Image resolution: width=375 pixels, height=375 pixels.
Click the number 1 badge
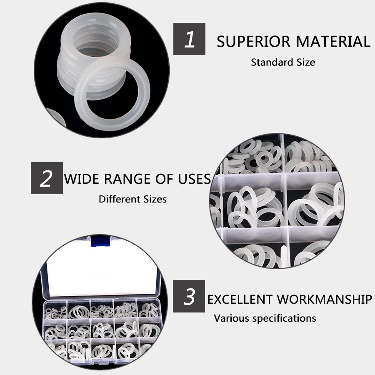coord(190,39)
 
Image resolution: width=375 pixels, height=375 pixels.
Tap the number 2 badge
coord(47,178)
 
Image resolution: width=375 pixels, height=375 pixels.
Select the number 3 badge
coord(189,296)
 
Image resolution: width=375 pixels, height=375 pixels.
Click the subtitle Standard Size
coord(283,62)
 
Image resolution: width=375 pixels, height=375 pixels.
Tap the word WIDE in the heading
coord(82,179)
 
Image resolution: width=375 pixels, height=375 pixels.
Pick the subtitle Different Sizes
coord(132,199)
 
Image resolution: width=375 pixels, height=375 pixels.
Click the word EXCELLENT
coord(240,300)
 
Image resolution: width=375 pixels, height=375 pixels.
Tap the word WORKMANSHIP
coord(324,300)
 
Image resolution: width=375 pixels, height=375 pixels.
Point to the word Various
coord(231,318)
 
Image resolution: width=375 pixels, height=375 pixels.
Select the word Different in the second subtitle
coord(118,199)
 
